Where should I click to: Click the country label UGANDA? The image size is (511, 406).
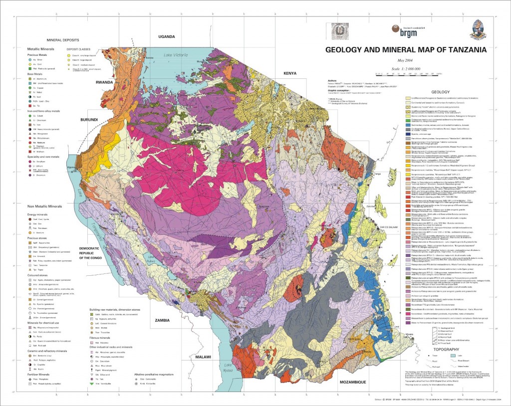coord(166,36)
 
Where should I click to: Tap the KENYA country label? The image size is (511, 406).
coord(290,73)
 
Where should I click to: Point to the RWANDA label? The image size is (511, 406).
coord(105,82)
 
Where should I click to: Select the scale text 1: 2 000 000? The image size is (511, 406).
coord(405,68)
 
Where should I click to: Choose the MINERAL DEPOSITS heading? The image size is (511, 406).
coord(63,39)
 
